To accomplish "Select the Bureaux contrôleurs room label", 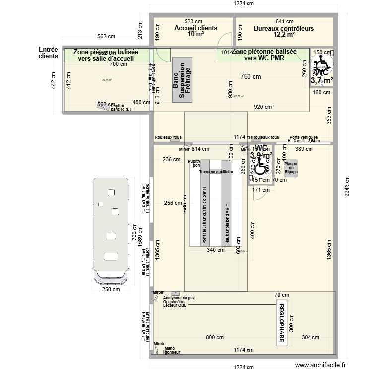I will (x=284, y=29).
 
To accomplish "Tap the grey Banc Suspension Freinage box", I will (x=182, y=82).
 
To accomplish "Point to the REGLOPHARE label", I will (x=281, y=323).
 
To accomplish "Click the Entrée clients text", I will (x=49, y=53).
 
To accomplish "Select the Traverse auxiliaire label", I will (x=216, y=172).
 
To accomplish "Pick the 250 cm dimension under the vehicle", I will (x=111, y=289).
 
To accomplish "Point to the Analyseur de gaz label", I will (x=179, y=297).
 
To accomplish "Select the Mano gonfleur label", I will (x=172, y=350).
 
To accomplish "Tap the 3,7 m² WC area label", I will (x=322, y=80).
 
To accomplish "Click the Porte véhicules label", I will (x=304, y=138).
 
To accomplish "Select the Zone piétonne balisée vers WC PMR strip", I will (x=263, y=55).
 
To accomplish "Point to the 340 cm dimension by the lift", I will (x=215, y=250).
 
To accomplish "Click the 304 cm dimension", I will (x=310, y=337).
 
